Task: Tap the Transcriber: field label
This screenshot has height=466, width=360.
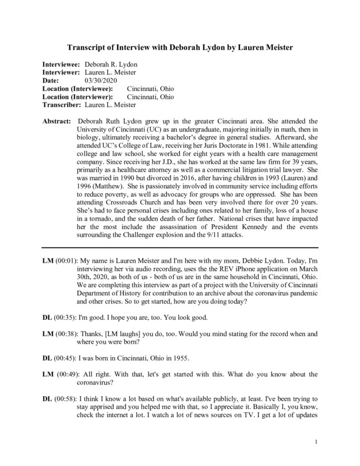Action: click(62, 105)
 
